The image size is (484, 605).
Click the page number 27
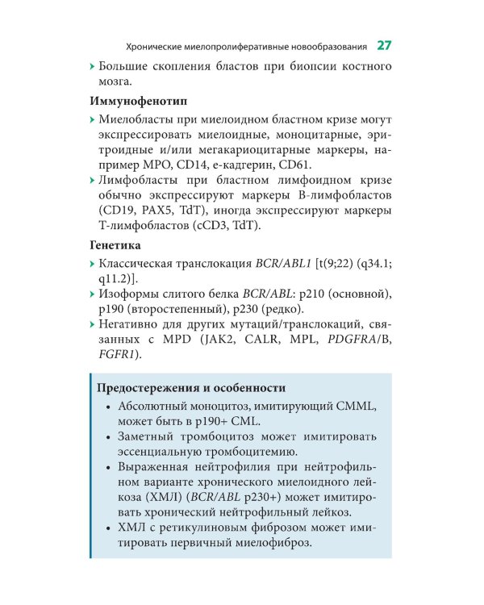point(384,44)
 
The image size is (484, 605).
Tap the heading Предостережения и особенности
point(190,387)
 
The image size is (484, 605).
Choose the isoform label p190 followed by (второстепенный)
point(114,309)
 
